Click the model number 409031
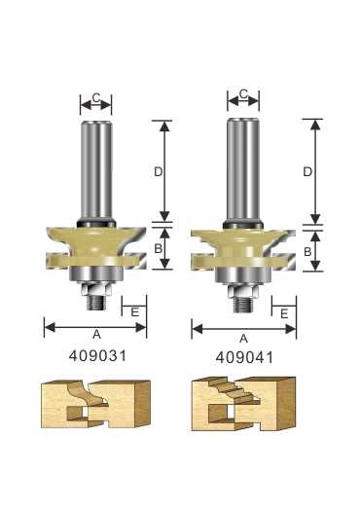coord(97,356)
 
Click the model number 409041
coord(244,358)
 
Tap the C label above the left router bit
coord(96,97)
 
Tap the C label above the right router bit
coord(243,94)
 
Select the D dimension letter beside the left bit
coord(158,171)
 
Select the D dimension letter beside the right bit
coord(307,171)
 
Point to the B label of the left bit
coord(158,249)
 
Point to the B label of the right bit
coord(307,251)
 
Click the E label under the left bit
coord(134,312)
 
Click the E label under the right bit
coord(284,313)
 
